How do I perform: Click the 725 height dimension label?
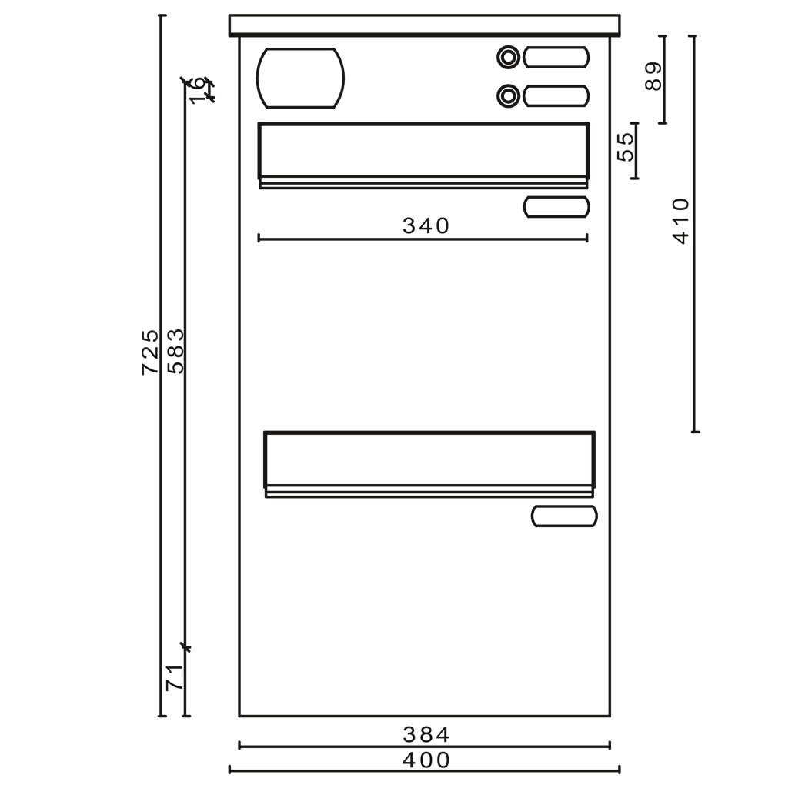(150, 352)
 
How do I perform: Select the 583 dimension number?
(175, 352)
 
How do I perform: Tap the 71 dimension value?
(174, 677)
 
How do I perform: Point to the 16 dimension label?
(198, 90)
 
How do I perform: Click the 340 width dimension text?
(426, 226)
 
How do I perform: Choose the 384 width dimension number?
(426, 735)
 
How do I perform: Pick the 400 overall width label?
(426, 760)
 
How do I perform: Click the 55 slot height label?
(626, 147)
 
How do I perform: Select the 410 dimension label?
(681, 221)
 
